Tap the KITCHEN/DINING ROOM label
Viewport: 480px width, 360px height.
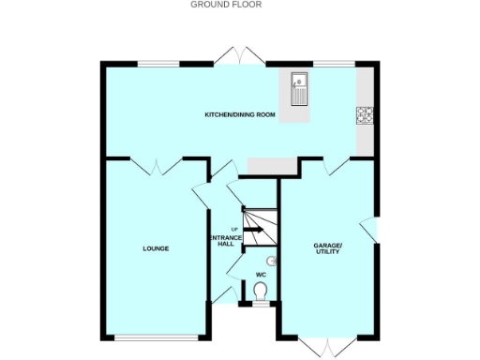(x=240, y=115)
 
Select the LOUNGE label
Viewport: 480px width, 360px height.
(x=156, y=248)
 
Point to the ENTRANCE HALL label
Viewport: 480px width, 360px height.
(x=225, y=240)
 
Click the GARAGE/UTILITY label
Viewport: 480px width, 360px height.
(x=328, y=248)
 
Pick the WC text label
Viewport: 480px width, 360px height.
(x=262, y=275)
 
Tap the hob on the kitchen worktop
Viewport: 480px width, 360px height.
(x=364, y=115)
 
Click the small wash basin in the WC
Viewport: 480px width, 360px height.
(x=273, y=262)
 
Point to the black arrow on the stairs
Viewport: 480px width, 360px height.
(x=254, y=229)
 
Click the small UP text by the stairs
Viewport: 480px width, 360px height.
(x=234, y=229)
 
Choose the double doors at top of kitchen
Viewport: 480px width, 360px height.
(x=239, y=56)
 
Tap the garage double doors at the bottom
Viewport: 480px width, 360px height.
(x=328, y=347)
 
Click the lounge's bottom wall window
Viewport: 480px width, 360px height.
(x=156, y=337)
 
